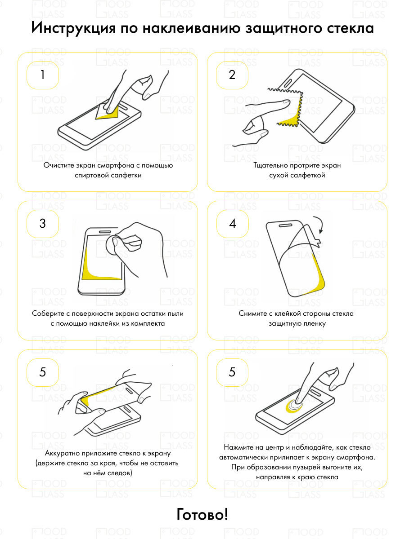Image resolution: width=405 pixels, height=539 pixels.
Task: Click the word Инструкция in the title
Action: [x=73, y=28]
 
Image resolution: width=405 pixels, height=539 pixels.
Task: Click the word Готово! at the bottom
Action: [x=202, y=514]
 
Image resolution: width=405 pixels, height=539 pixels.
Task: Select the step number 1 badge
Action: [x=43, y=75]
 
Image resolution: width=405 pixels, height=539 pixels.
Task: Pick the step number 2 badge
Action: [x=232, y=75]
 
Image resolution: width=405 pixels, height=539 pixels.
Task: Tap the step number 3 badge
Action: [x=43, y=223]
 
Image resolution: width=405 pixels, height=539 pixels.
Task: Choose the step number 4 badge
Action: [x=232, y=223]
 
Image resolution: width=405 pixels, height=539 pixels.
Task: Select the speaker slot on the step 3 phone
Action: [x=105, y=232]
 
